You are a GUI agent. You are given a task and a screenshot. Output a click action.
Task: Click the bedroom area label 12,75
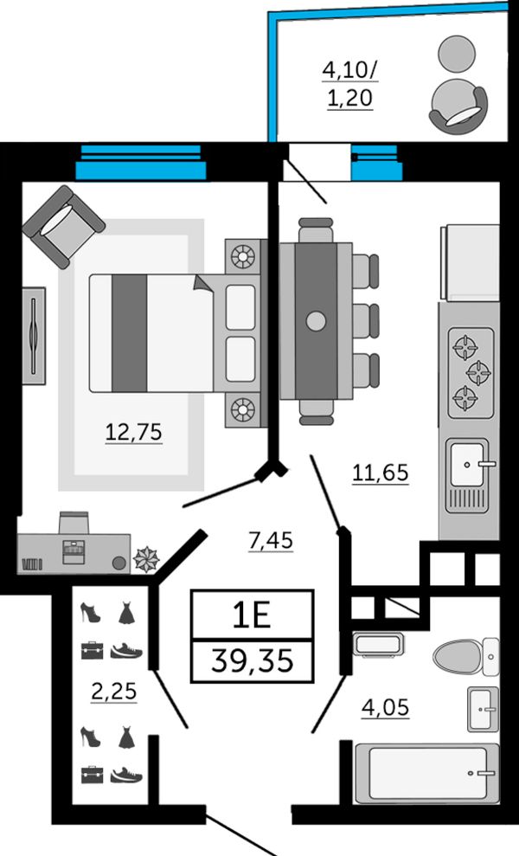click(134, 432)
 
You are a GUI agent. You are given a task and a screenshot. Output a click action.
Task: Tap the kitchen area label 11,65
click(381, 473)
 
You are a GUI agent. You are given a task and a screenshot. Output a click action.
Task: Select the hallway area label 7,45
click(271, 540)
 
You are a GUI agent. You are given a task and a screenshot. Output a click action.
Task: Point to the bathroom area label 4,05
click(385, 707)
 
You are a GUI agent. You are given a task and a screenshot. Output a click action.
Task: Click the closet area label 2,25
click(114, 692)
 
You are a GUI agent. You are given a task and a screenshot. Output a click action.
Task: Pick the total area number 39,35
click(252, 661)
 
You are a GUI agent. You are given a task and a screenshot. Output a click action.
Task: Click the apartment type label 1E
click(252, 615)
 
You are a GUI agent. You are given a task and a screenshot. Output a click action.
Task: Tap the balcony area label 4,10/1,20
click(350, 84)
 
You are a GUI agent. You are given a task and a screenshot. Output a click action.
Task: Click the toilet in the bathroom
click(465, 656)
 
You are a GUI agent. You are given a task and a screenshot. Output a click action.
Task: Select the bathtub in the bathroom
click(427, 773)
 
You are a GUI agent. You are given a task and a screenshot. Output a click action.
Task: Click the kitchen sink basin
click(468, 464)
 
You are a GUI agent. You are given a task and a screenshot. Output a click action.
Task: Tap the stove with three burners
click(471, 372)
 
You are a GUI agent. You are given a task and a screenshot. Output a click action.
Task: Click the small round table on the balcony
click(457, 54)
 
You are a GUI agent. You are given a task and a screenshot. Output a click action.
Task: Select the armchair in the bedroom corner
click(63, 227)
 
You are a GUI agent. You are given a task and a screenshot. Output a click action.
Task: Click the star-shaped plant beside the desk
click(146, 559)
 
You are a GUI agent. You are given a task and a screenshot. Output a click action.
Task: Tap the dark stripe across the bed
click(130, 333)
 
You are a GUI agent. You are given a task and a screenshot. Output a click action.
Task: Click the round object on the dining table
click(316, 321)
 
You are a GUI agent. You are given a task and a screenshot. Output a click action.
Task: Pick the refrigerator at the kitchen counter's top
click(470, 263)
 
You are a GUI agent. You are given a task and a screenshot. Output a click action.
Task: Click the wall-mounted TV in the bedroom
click(34, 336)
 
